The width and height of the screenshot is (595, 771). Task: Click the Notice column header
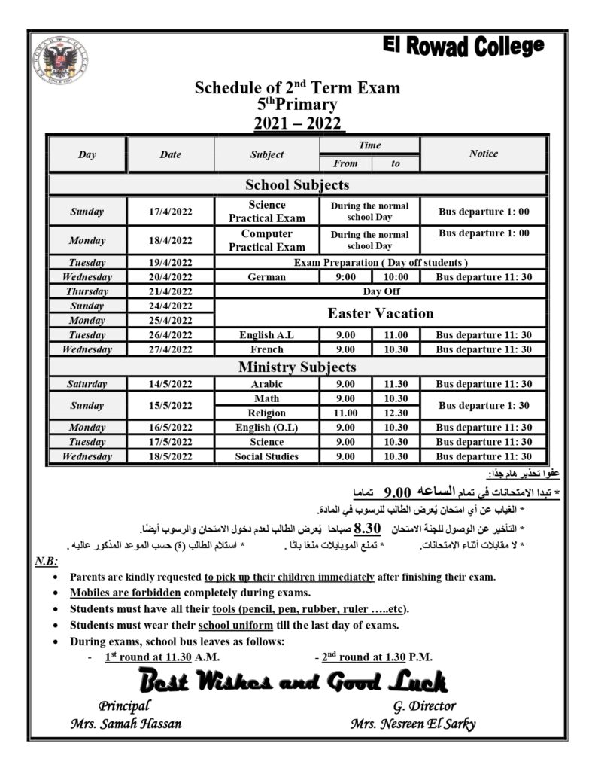483,154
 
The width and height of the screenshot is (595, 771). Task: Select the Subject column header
267,154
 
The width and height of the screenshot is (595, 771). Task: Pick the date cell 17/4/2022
171,212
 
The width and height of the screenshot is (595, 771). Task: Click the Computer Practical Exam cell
267,240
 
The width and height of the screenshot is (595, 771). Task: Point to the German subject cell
267,277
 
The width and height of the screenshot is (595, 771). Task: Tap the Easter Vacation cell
381,313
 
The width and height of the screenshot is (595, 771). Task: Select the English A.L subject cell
267,335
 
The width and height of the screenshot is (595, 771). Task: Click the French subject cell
267,349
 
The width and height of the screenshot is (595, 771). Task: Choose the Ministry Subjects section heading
297,367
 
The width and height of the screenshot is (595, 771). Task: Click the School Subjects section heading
297,184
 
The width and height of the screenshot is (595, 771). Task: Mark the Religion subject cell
267,413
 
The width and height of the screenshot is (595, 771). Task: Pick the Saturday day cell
87,384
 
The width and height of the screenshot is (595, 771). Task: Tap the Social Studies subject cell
267,456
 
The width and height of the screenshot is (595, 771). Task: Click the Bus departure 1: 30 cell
484,405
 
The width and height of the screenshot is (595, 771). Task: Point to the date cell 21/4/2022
171,291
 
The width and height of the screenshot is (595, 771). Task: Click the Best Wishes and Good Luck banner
293,682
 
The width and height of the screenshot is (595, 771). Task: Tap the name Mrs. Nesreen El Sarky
413,724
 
